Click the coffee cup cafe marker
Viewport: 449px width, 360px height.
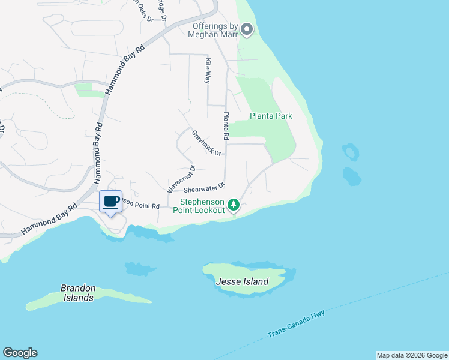click(x=110, y=202)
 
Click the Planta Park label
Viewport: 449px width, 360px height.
click(x=271, y=116)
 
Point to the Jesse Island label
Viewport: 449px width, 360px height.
click(x=247, y=281)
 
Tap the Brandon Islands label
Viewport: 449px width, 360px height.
click(x=77, y=293)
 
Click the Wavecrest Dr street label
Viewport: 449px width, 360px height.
click(x=181, y=179)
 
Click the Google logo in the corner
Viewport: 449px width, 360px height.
click(x=20, y=353)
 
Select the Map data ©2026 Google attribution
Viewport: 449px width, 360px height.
click(x=412, y=355)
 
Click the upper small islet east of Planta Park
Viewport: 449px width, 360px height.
click(x=350, y=152)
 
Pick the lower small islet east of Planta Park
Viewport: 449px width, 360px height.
click(x=352, y=176)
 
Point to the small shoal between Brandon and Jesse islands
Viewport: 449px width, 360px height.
click(x=140, y=268)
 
